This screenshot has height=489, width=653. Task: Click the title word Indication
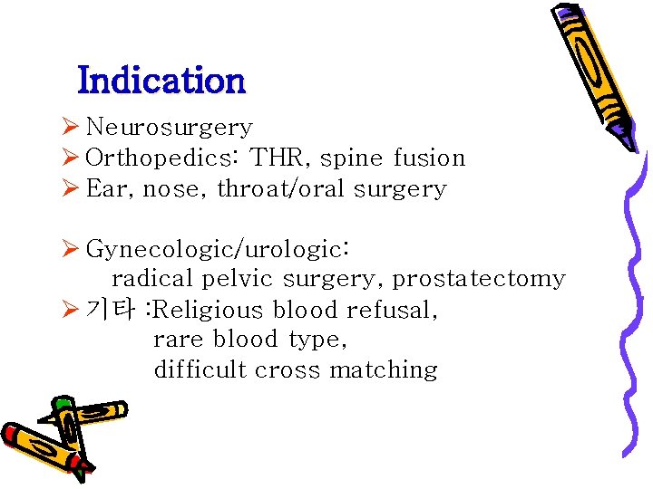click(161, 81)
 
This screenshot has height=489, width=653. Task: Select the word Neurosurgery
click(169, 129)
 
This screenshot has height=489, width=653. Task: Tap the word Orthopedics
click(161, 158)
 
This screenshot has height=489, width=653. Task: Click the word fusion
click(429, 158)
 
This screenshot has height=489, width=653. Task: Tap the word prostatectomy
click(478, 280)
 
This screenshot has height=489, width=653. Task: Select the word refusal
click(393, 310)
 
